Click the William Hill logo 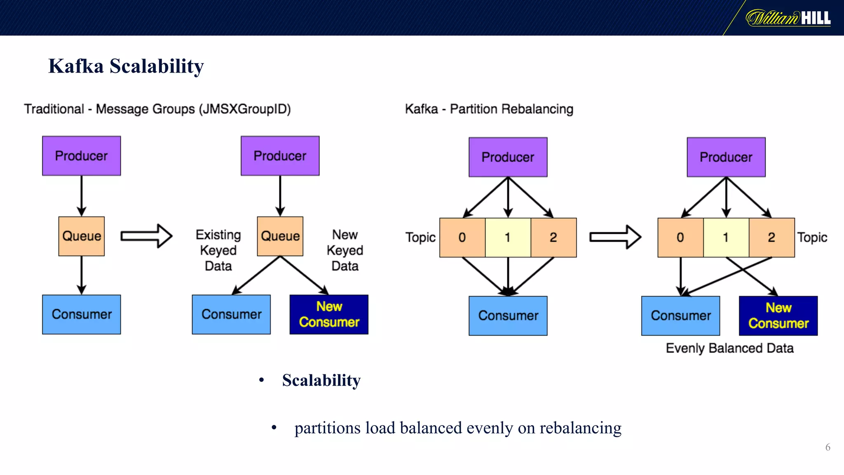[788, 18]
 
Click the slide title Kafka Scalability [126, 66]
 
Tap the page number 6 [828, 447]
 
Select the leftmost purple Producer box [81, 156]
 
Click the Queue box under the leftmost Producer [81, 236]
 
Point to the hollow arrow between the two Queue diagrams [146, 236]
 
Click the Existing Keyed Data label [218, 250]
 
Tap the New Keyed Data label [345, 250]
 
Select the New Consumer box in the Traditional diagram [329, 315]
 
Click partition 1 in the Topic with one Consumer [508, 237]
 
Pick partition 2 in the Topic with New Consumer [771, 237]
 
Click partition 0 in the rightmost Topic [680, 237]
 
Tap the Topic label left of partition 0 [420, 237]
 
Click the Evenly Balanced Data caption [729, 348]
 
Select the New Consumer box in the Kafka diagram [778, 316]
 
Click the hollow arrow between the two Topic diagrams [615, 237]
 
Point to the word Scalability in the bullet [321, 380]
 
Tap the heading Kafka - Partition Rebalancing [489, 109]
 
